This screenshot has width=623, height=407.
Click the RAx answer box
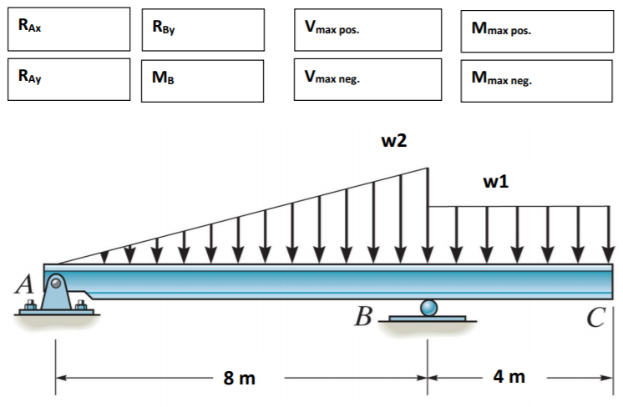tap(68, 29)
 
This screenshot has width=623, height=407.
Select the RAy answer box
tap(68, 79)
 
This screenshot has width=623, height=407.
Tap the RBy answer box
tap(202, 30)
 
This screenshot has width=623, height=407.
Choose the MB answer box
tap(202, 80)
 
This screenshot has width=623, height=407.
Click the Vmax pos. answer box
tap(367, 30)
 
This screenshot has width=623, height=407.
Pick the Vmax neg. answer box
tap(367, 79)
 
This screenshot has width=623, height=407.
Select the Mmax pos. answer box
tap(534, 30)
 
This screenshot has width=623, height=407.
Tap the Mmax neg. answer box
tap(534, 80)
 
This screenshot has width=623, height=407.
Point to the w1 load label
tap(495, 181)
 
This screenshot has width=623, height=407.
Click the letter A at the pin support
tap(26, 286)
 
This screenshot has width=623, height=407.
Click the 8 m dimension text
tap(240, 379)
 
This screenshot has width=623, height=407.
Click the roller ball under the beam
tap(428, 308)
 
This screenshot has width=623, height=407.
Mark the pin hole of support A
tap(55, 284)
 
